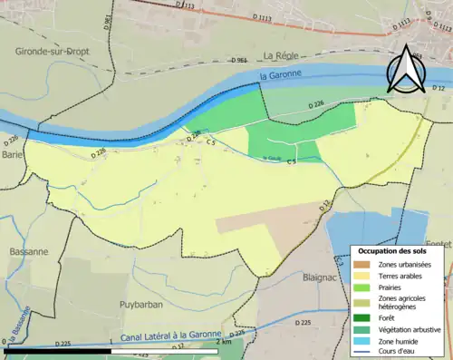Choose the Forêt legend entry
[390, 316]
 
